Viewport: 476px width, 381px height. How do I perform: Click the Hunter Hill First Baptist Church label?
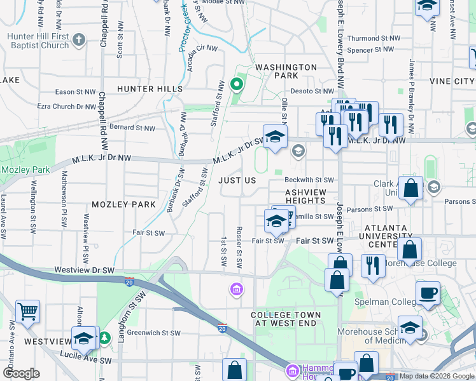(x=38, y=41)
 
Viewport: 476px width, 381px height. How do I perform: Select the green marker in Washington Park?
(x=236, y=84)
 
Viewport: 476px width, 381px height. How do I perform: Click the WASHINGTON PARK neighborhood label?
(x=286, y=71)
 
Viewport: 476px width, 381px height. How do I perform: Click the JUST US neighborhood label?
(x=237, y=180)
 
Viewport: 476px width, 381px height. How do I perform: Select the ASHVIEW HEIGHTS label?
(x=305, y=196)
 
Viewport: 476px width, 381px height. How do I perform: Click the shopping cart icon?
(x=27, y=312)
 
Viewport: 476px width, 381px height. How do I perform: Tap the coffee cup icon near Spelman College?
(x=428, y=293)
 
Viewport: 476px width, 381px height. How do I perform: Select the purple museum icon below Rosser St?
(x=236, y=290)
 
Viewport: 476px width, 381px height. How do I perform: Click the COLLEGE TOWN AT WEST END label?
(x=286, y=319)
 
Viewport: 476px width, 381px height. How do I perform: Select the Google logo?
(x=22, y=373)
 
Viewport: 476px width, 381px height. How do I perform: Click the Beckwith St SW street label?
(x=309, y=180)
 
